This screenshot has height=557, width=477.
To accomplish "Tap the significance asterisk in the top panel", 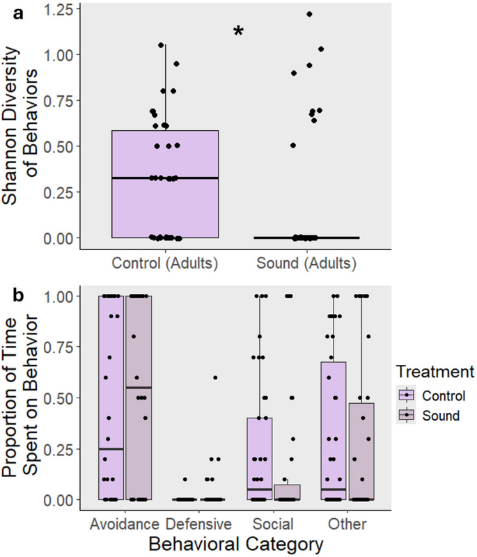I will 239,32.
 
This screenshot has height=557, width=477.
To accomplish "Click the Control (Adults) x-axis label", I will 166,264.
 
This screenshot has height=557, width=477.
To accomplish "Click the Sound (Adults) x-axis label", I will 306,264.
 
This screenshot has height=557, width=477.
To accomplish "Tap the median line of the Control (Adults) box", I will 166,178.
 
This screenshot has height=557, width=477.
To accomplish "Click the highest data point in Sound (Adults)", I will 309,14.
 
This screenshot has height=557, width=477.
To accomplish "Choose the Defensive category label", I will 198,522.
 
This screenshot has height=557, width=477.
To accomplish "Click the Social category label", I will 274,522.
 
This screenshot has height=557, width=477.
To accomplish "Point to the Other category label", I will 347,522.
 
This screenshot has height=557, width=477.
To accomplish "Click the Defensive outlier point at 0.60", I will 215,377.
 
